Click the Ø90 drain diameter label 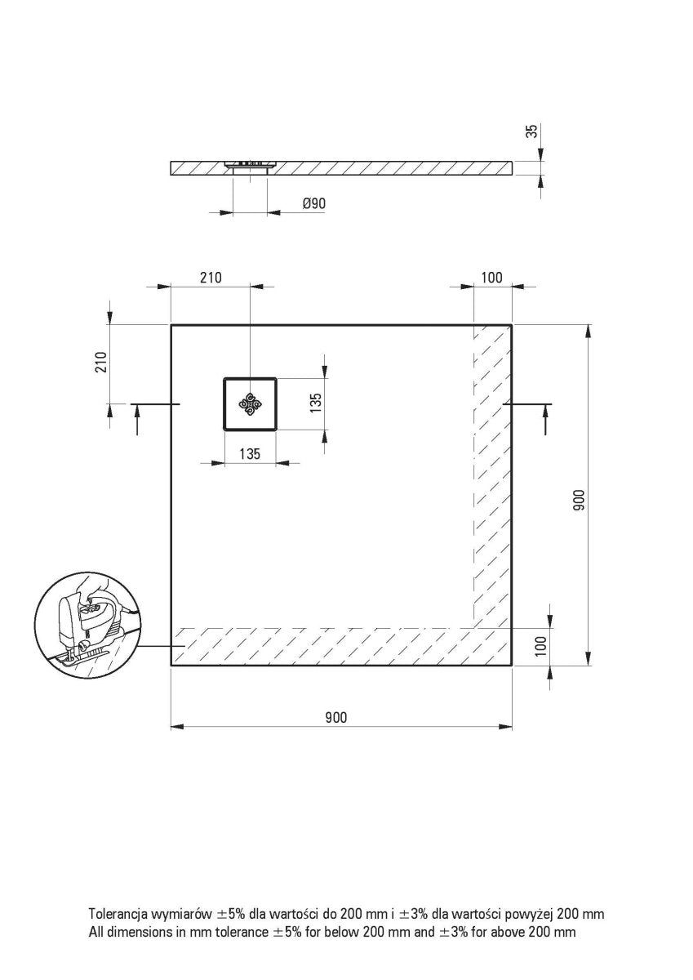click(315, 203)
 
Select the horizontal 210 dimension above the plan click(210, 278)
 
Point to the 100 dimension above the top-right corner click(491, 278)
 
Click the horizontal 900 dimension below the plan click(335, 718)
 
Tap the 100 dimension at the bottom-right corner click(539, 646)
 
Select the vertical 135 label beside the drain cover click(316, 403)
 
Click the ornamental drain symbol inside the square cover click(250, 403)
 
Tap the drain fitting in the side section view click(250, 166)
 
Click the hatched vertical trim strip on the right click(492, 474)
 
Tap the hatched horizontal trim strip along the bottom click(327, 647)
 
